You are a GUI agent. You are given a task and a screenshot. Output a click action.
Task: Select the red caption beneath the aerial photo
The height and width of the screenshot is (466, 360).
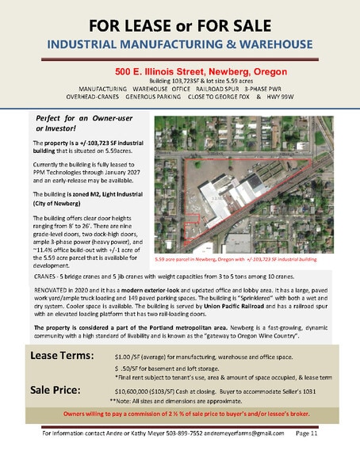click(236, 259)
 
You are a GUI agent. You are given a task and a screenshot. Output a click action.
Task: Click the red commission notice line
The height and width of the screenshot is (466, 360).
click(180, 414)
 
